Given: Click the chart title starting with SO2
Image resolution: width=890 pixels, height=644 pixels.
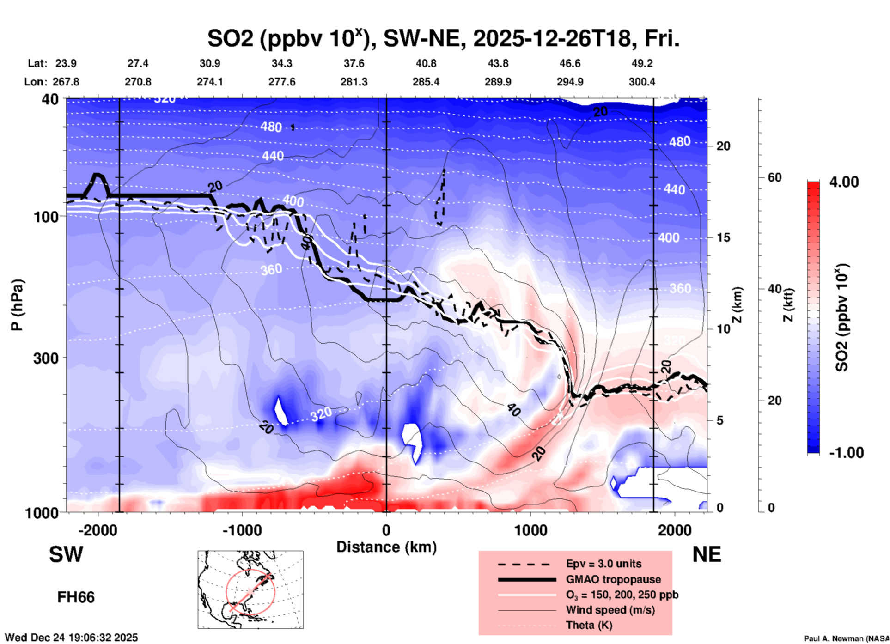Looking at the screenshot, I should click(443, 39).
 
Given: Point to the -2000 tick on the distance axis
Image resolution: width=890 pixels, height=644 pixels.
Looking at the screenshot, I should click(98, 530).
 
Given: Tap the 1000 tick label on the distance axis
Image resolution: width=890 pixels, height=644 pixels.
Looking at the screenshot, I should click(530, 530).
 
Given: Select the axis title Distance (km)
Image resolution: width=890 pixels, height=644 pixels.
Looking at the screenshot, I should click(386, 547).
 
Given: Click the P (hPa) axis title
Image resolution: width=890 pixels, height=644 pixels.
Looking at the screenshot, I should click(17, 305).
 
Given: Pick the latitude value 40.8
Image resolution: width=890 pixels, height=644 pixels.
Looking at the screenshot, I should click(426, 63).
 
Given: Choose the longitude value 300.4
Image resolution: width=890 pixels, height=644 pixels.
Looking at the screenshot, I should click(642, 82).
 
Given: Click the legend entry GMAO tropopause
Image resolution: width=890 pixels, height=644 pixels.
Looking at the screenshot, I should click(613, 579).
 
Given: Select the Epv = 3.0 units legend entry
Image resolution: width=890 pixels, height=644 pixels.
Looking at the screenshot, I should click(603, 564).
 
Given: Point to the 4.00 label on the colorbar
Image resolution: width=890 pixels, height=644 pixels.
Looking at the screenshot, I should click(844, 182).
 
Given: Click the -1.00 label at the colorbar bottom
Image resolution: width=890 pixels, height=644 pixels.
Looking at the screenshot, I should click(846, 453).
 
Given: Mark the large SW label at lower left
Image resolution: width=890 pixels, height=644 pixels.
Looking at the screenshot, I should click(66, 554).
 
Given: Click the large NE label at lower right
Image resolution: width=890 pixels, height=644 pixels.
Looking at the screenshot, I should click(707, 554).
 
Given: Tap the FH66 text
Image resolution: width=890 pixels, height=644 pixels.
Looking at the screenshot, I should click(76, 597).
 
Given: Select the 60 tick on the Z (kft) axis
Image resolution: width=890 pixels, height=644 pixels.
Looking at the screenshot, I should click(774, 178).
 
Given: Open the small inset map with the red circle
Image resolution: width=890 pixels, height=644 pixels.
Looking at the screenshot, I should click(250, 589).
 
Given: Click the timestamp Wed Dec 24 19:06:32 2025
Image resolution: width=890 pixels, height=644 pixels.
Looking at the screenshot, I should click(71, 638).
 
